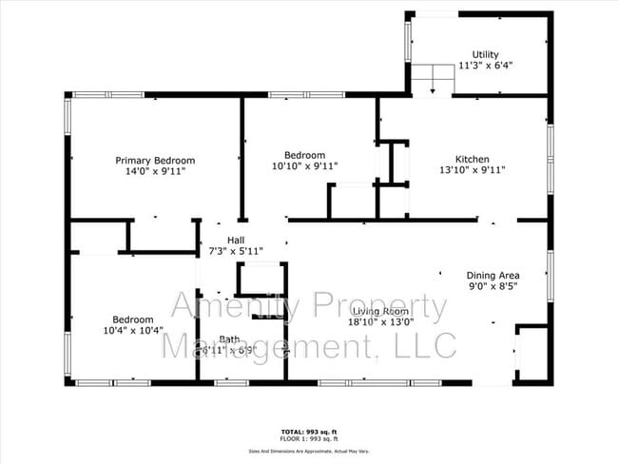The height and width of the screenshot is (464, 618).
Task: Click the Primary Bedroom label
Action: click(x=155, y=161)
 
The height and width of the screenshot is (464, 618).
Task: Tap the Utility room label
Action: click(x=485, y=54)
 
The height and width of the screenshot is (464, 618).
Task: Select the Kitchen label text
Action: click(x=472, y=159)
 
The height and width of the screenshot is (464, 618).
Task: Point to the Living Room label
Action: click(x=380, y=311)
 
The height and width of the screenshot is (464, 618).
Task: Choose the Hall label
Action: click(x=237, y=240)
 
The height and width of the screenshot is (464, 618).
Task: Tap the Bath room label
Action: click(x=229, y=339)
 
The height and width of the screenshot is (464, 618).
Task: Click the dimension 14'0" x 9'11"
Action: click(x=155, y=172)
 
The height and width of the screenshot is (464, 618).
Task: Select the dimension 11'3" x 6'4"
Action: click(x=485, y=66)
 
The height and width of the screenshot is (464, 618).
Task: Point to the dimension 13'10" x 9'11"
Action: click(x=472, y=170)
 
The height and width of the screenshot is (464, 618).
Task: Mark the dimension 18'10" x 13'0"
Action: click(x=381, y=321)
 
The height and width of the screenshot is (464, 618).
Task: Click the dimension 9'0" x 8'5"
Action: click(x=492, y=284)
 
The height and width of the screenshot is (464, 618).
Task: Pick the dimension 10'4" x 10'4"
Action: click(x=132, y=331)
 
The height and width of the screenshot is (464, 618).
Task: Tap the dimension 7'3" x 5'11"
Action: click(x=236, y=251)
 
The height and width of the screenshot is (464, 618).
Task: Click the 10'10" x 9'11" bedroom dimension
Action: click(x=305, y=166)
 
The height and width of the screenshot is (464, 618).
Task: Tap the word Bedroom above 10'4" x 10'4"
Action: click(x=132, y=319)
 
